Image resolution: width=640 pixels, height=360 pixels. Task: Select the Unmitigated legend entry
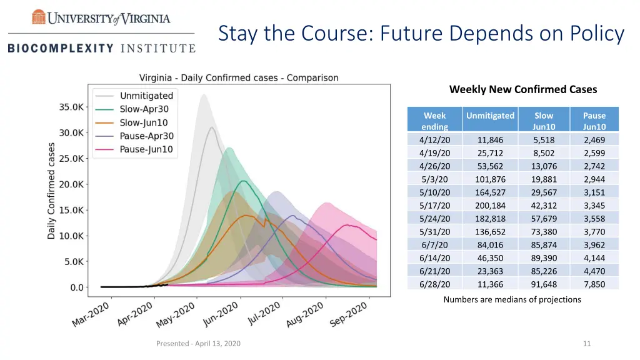point(146,96)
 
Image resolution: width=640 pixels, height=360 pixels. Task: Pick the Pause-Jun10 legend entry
point(146,149)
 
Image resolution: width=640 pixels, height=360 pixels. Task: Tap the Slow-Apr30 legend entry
point(144,109)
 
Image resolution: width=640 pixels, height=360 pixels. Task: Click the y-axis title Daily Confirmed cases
point(51,191)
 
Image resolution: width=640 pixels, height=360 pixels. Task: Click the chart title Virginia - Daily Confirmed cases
point(239,78)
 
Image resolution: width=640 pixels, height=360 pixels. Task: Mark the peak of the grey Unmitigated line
point(212,127)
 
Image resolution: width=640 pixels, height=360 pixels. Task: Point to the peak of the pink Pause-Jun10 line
point(347,225)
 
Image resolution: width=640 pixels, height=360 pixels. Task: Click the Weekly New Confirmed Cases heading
point(523,89)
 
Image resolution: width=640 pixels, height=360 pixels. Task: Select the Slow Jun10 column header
point(544,121)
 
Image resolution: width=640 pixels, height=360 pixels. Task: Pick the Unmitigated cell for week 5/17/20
point(490,206)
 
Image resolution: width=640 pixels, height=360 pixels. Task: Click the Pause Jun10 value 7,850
point(594,284)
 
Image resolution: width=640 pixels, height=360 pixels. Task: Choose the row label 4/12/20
point(434,140)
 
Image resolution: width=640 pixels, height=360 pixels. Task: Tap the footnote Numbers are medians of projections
point(512,299)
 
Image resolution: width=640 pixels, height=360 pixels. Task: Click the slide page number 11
point(586,343)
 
